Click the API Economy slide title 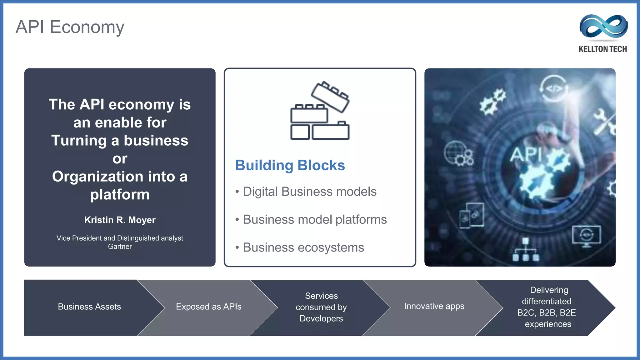(70, 27)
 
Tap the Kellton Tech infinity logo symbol (603, 26)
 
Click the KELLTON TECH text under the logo (602, 49)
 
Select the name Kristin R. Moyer (120, 220)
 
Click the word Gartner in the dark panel (120, 247)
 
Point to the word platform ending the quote (120, 195)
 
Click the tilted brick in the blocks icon (330, 97)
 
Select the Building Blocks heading (290, 165)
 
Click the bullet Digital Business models (309, 192)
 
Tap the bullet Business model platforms (314, 220)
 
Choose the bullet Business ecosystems (303, 247)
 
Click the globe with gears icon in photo (458, 153)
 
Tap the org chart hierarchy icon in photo (526, 250)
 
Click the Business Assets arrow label (89, 307)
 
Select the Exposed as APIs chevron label (208, 307)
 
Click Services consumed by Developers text (321, 307)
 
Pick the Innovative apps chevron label (434, 306)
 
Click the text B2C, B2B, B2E (547, 313)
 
